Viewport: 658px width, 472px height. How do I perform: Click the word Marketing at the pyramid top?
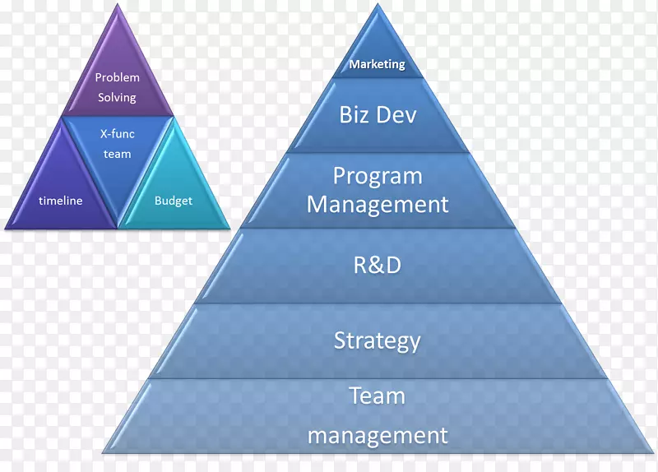point(378,64)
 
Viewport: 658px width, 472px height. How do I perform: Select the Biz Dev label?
point(378,114)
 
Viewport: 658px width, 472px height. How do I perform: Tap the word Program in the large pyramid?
point(378,177)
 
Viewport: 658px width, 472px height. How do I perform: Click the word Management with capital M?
point(378,204)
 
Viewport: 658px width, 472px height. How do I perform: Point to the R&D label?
point(378,265)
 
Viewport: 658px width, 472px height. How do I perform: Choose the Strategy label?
point(378,340)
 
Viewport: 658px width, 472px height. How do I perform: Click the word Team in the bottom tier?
point(378,396)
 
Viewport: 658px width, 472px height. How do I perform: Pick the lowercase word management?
point(378,436)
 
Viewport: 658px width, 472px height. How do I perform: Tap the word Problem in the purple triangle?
point(117,77)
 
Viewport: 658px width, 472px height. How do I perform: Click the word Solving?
point(117,98)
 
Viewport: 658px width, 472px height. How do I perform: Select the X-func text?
point(117,134)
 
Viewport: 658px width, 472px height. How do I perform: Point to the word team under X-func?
point(117,154)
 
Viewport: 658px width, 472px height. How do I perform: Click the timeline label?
point(60,201)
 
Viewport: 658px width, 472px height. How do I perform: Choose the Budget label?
point(174,201)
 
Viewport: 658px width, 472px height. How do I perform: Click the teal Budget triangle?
point(174,189)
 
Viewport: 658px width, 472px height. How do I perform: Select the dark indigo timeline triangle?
point(61,189)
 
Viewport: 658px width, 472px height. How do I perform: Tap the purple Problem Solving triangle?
point(118,80)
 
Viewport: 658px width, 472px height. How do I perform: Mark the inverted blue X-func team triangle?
point(118,151)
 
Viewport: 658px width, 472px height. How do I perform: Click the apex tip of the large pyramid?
point(378,4)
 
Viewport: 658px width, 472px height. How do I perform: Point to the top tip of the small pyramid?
point(118,4)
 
